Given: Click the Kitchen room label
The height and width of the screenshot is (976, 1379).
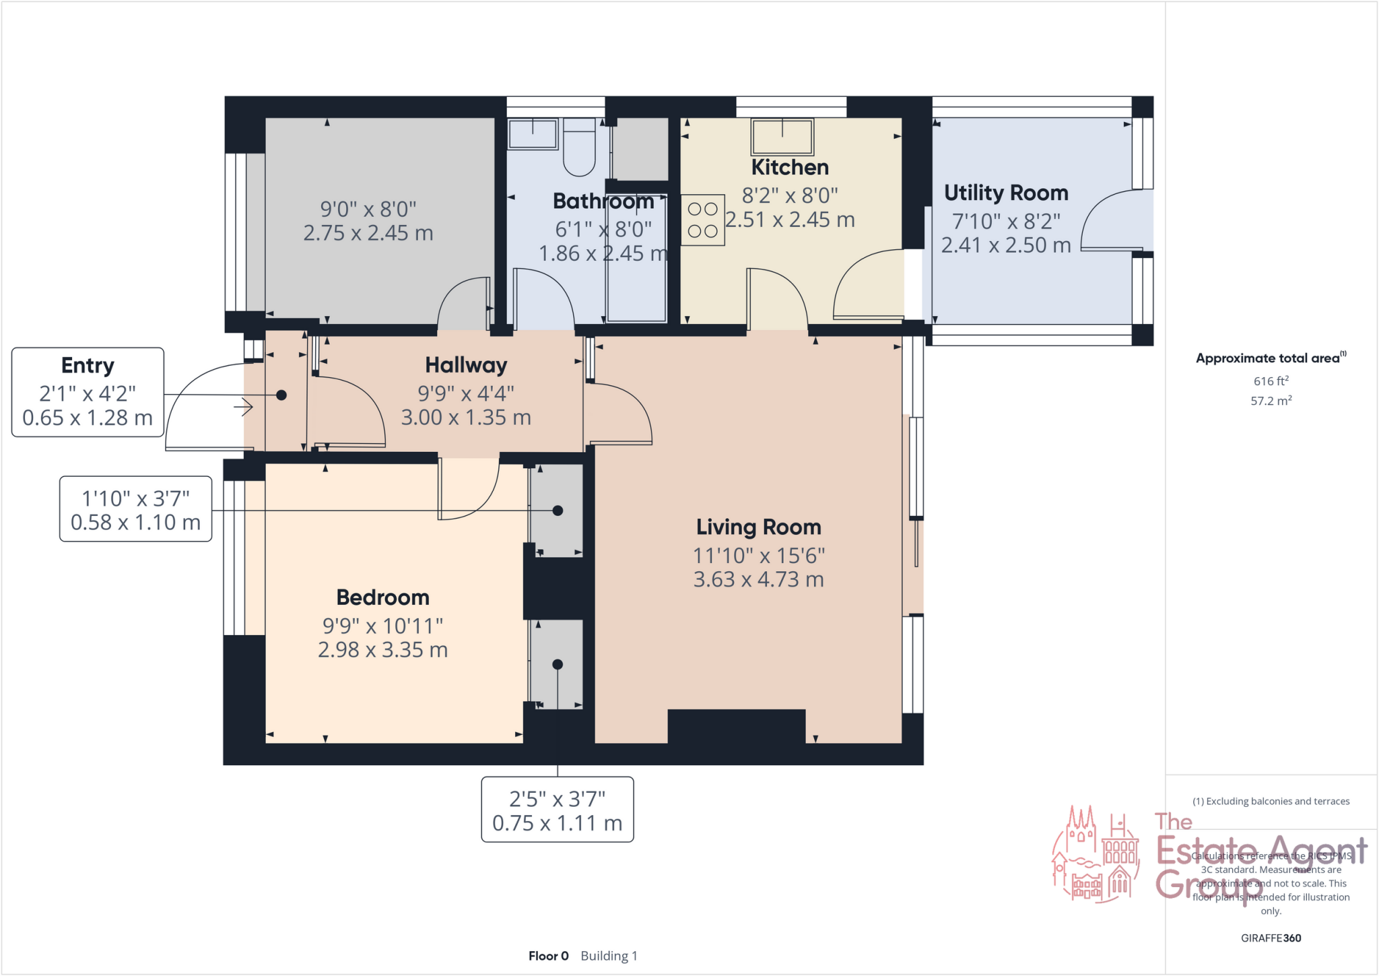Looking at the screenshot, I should (789, 167).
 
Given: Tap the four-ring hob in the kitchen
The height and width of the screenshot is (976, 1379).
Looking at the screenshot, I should (702, 220).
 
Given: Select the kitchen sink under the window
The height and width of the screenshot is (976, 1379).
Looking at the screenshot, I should (782, 137).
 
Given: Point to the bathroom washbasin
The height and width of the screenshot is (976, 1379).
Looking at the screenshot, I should (533, 134).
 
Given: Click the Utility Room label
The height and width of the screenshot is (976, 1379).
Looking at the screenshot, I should (1006, 193).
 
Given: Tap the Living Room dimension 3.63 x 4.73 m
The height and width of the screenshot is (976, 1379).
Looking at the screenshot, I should (758, 580).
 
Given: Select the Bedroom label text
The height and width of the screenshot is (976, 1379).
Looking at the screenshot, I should (382, 597).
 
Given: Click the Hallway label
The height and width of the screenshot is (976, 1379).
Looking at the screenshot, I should (466, 365).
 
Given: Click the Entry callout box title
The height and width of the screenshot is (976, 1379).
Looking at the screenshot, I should (88, 365).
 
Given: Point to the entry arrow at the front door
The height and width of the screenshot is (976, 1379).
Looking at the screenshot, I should (244, 407).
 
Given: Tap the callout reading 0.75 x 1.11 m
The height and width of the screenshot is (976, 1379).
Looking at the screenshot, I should (557, 823).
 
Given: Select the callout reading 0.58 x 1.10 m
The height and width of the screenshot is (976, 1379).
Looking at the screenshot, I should (135, 523).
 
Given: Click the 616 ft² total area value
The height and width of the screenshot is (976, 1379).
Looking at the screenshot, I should (1271, 381).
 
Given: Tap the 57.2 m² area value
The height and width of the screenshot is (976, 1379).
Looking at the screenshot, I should (1271, 401).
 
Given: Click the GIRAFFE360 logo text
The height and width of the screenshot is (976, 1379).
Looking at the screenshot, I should (1271, 938).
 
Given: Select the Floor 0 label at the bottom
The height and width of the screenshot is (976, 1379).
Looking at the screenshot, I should (548, 956).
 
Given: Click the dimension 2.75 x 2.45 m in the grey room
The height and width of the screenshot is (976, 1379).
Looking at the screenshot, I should (368, 233).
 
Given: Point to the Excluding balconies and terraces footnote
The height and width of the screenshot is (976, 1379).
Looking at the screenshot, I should (1271, 801).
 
